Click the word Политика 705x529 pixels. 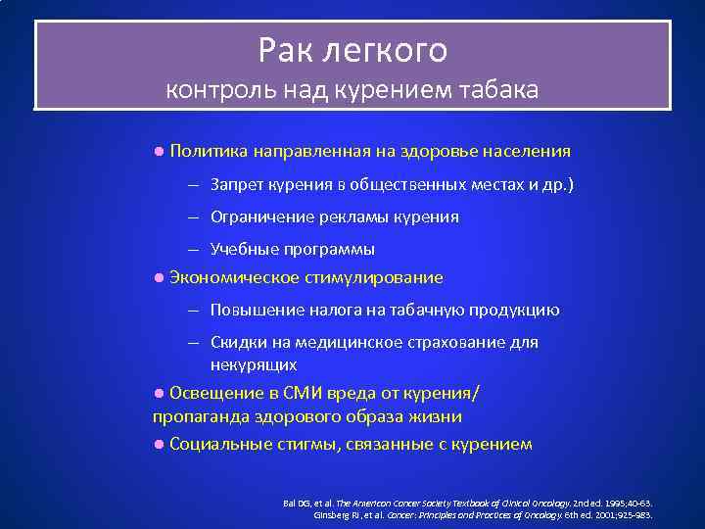[209, 152]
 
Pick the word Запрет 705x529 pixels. [237, 184]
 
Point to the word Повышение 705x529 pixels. [255, 310]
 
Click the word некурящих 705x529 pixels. [254, 363]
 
